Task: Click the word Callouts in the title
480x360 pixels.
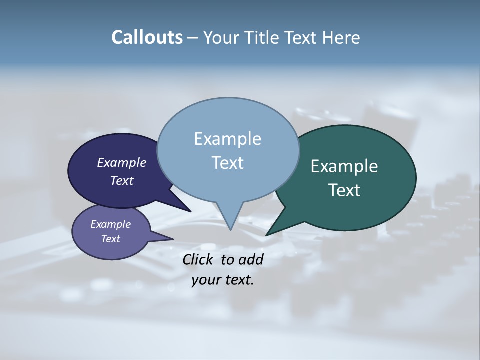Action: pyautogui.click(x=147, y=37)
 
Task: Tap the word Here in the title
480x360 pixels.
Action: pyautogui.click(x=341, y=37)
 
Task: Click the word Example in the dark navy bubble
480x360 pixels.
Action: pyautogui.click(x=122, y=162)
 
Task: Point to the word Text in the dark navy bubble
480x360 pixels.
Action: pyautogui.click(x=122, y=180)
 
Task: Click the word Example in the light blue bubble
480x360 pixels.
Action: pyautogui.click(x=227, y=139)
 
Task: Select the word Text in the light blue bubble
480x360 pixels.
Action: pyautogui.click(x=227, y=163)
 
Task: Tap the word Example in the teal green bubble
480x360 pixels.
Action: pyautogui.click(x=344, y=166)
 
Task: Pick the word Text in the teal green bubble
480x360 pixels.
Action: pyautogui.click(x=344, y=190)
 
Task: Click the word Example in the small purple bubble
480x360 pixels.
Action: pyautogui.click(x=110, y=224)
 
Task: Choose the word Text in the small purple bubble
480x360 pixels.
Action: pyautogui.click(x=110, y=239)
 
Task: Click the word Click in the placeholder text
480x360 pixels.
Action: pyautogui.click(x=199, y=259)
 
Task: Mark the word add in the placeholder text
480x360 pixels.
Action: pyautogui.click(x=251, y=259)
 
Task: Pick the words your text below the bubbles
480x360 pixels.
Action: pyautogui.click(x=223, y=280)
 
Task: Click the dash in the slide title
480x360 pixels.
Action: pyautogui.click(x=193, y=37)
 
